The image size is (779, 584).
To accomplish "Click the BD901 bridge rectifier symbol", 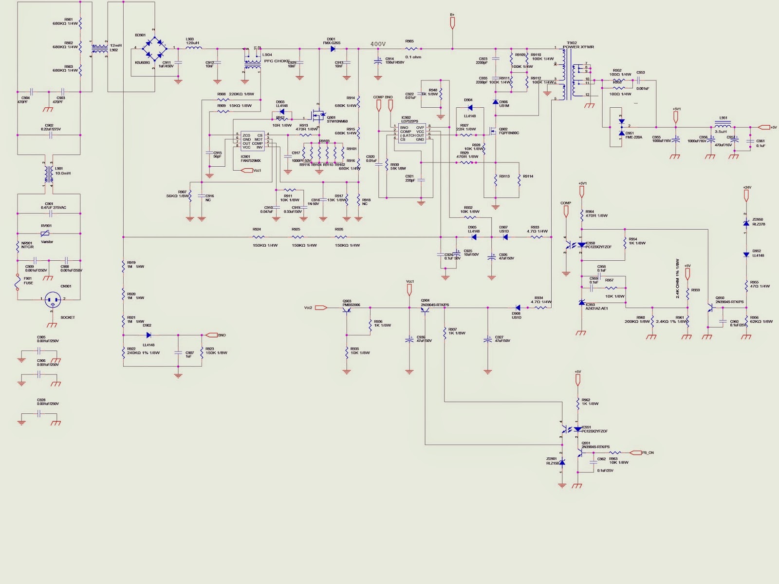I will [x=153, y=48].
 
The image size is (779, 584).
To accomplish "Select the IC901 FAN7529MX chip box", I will [x=252, y=141].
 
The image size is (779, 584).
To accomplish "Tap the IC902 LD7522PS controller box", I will [x=412, y=133].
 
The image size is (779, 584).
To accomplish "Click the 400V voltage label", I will [x=378, y=44].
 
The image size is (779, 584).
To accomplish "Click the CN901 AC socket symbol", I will [x=53, y=300].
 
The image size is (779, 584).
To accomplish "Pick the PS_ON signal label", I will [x=648, y=452].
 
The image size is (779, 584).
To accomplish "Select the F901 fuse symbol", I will [x=18, y=282].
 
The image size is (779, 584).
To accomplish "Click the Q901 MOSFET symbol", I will [x=318, y=117].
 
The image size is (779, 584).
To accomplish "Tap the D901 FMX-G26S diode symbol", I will [x=333, y=49].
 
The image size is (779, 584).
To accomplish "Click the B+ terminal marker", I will [x=452, y=15].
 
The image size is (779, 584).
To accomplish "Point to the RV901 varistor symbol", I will [x=45, y=233].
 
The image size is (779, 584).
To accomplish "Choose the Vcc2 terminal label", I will [x=308, y=308].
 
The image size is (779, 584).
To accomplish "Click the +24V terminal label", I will [x=747, y=187].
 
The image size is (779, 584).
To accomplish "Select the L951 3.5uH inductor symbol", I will [x=722, y=124].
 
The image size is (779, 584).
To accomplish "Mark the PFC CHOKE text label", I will [x=277, y=61].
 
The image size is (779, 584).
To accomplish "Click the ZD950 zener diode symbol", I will [x=746, y=223].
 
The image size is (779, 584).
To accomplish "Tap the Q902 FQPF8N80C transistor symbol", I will [x=493, y=132].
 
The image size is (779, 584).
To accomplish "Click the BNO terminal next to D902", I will [x=222, y=335].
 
